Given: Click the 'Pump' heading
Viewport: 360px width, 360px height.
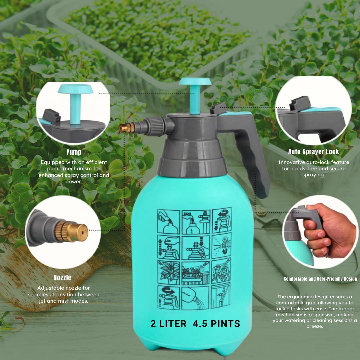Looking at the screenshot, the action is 74,152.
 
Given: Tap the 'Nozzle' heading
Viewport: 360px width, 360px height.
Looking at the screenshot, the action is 62,278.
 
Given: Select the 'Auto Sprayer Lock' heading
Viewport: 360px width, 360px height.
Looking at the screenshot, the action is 313,152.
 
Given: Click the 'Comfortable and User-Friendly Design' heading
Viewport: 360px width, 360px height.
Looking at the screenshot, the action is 320,279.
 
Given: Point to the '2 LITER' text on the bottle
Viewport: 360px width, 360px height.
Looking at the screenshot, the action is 168,324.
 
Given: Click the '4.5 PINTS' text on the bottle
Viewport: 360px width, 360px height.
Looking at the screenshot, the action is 216,324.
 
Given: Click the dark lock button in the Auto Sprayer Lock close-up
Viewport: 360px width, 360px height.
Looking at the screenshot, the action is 300,103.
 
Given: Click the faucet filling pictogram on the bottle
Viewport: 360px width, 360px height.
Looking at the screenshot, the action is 196,222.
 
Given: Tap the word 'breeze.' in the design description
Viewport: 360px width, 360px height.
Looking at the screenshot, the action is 315,326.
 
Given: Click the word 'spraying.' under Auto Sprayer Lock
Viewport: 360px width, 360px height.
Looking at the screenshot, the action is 314,175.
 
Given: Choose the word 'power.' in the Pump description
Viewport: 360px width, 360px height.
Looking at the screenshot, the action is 74,182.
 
